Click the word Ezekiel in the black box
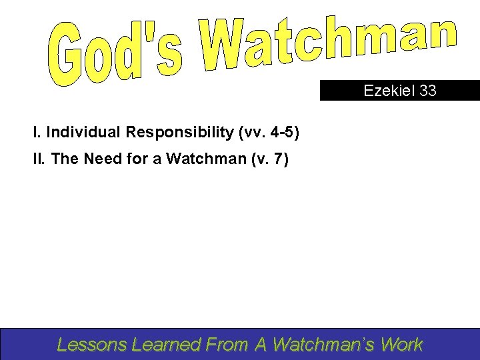389,91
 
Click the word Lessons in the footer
92,344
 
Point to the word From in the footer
227,344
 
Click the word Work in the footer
403,344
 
